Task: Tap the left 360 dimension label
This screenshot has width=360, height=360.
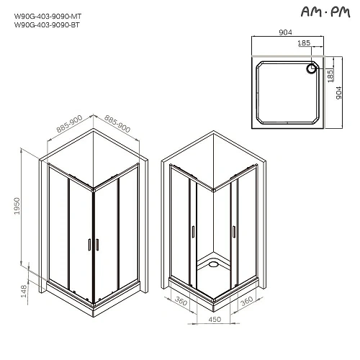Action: coord(181,302)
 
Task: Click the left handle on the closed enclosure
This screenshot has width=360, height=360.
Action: coord(88,245)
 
